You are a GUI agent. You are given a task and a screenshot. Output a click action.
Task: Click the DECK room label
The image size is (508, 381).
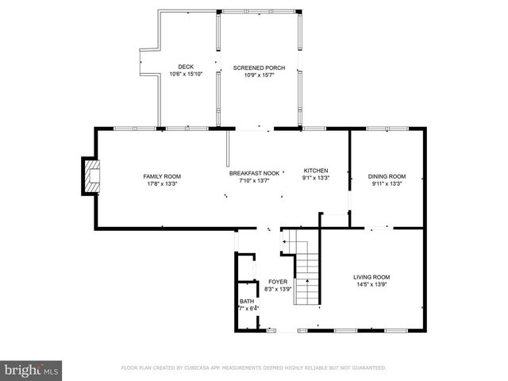tap(186, 67)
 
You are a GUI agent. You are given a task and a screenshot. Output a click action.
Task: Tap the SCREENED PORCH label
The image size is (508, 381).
tap(253, 68)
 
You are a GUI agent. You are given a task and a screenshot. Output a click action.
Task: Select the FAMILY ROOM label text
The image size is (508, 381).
tap(162, 176)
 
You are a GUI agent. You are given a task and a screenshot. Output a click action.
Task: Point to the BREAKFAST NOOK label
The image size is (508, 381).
tap(254, 173)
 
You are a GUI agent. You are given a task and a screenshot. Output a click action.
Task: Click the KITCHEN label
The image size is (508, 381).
tap(315, 171)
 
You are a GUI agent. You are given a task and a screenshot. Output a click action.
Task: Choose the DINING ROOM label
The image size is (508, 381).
tap(387, 176)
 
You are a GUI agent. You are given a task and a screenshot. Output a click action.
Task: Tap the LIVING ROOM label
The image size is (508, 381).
tap(371, 277)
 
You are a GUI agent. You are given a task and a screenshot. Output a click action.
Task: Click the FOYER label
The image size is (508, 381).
tap(277, 282)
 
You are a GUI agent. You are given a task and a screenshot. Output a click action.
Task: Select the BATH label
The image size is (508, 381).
tap(247, 302)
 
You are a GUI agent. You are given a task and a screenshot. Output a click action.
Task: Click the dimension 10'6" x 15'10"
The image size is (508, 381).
tap(186, 74)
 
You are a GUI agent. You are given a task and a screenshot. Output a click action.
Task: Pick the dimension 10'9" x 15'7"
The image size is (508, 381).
tap(253, 75)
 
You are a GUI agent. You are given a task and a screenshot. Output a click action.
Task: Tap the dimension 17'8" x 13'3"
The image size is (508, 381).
tap(162, 183)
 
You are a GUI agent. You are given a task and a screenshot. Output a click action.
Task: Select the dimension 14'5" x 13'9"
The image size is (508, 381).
tap(371, 284)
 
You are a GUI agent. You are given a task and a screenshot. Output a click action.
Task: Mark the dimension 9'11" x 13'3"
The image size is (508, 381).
tap(387, 183)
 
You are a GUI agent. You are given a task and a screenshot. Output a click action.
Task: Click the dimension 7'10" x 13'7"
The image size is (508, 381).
tap(254, 180)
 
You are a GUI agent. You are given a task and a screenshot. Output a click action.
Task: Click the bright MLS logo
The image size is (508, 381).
tap(32, 370)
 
